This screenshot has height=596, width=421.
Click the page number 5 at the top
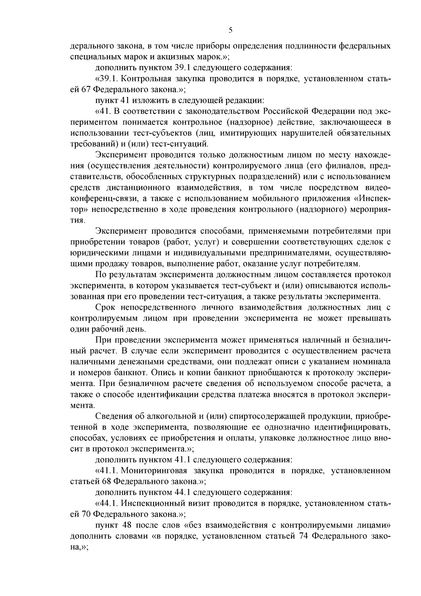tap(230, 30)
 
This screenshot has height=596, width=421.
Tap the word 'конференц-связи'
tap(102, 199)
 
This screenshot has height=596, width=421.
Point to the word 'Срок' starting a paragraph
tap(106, 308)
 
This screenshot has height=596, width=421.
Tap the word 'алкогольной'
tap(172, 417)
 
